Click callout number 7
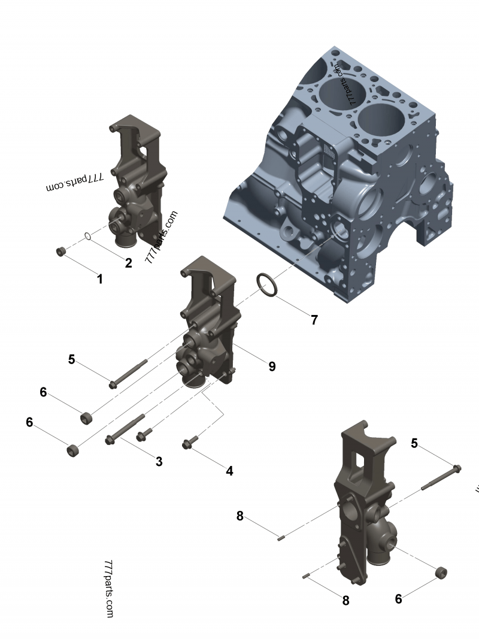[314, 320]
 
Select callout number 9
[272, 366]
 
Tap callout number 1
[100, 278]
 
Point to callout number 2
[128, 262]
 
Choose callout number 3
[159, 461]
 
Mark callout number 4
[229, 471]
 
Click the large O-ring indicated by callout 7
[268, 284]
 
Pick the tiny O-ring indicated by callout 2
[88, 237]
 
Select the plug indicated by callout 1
[60, 252]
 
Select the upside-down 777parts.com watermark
[75, 183]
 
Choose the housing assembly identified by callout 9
[207, 323]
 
